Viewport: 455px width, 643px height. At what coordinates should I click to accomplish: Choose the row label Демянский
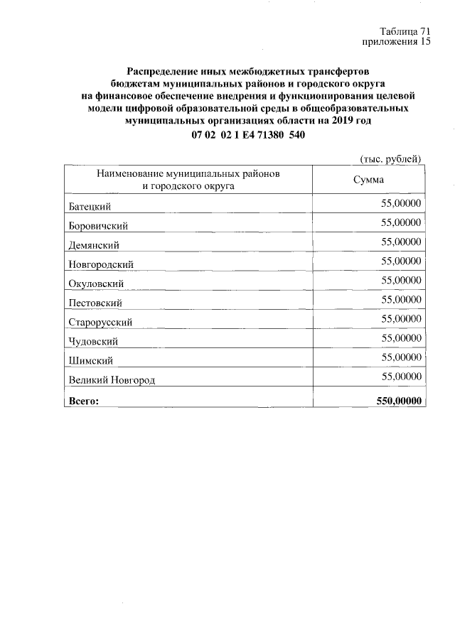(96, 245)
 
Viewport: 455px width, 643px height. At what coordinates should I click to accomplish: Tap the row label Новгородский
(101, 264)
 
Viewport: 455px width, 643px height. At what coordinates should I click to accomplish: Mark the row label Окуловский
(97, 283)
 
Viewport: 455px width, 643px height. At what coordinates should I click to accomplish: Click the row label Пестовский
(96, 303)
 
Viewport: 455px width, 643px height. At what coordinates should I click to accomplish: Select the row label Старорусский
(100, 322)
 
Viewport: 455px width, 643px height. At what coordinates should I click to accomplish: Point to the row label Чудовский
(94, 342)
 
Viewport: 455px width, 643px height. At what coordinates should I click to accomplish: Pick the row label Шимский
(90, 361)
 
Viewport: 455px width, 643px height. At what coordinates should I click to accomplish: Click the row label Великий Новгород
(112, 380)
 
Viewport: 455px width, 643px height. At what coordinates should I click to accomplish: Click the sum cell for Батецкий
(401, 203)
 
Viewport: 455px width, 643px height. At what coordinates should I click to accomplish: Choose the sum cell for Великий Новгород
(401, 376)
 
